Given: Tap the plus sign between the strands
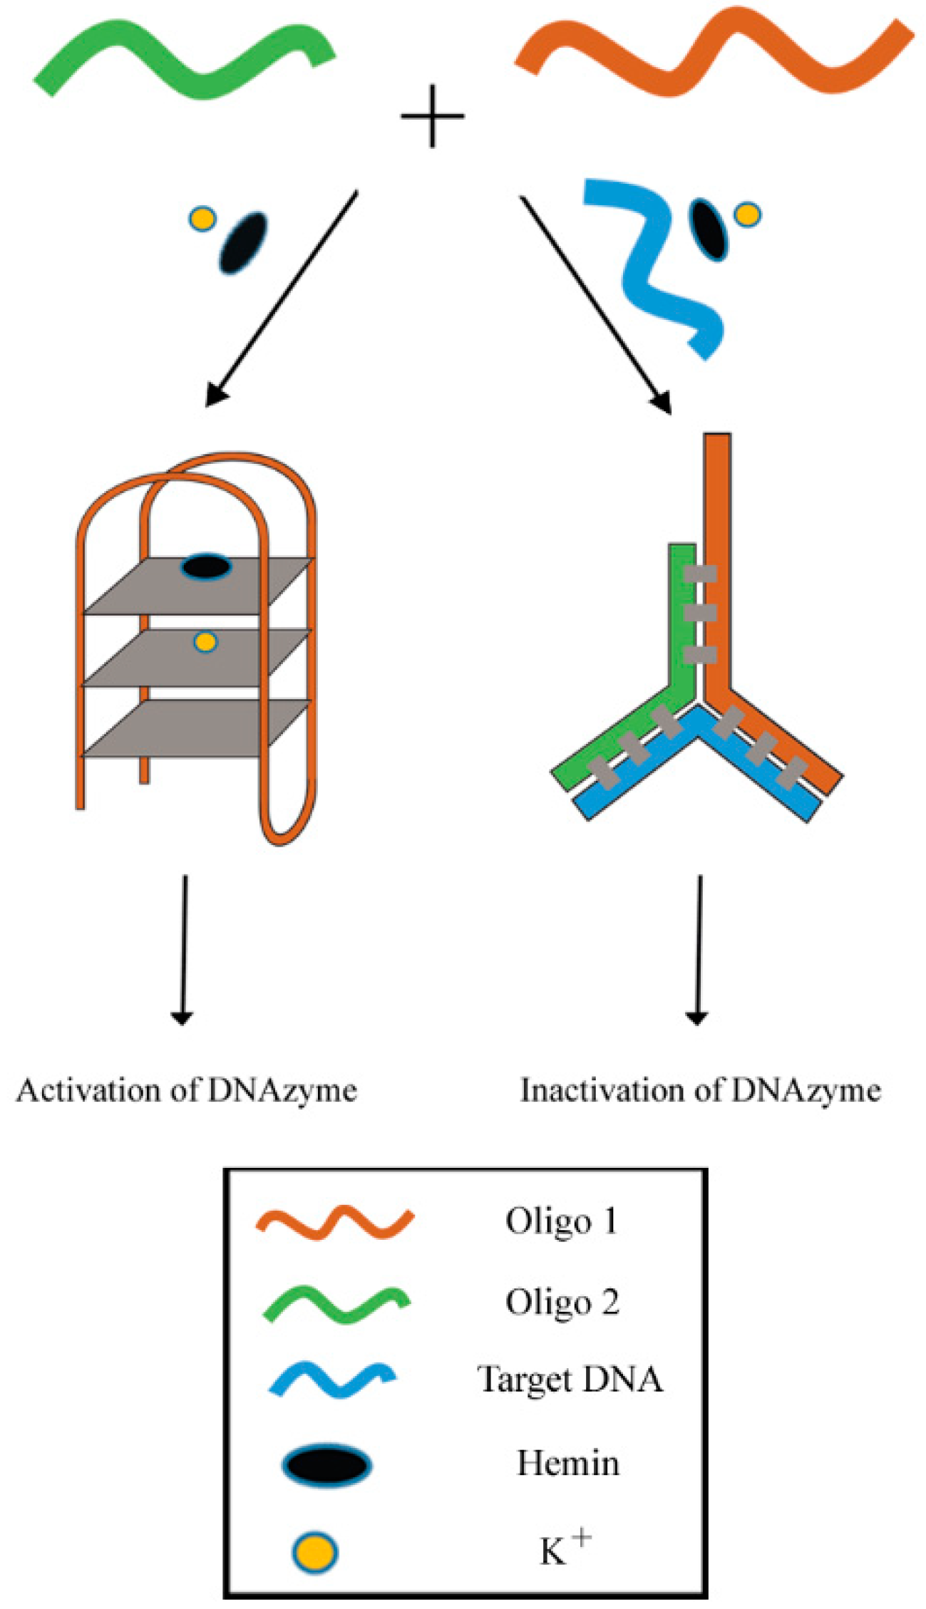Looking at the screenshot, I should point(433,116).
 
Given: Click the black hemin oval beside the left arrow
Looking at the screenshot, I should point(242,242).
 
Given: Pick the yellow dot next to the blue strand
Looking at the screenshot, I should point(747,214).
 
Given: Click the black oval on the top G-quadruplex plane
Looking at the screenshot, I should point(206,567).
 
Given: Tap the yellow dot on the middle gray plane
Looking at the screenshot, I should point(205,642).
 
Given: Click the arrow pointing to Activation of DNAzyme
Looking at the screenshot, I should point(184,948).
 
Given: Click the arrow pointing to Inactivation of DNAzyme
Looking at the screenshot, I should point(699,948).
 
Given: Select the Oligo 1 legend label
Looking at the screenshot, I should point(561,1221).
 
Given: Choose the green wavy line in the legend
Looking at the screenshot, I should point(336,1303).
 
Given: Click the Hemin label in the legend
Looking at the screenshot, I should point(567,1463).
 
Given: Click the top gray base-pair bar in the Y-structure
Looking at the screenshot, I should point(699,574).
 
